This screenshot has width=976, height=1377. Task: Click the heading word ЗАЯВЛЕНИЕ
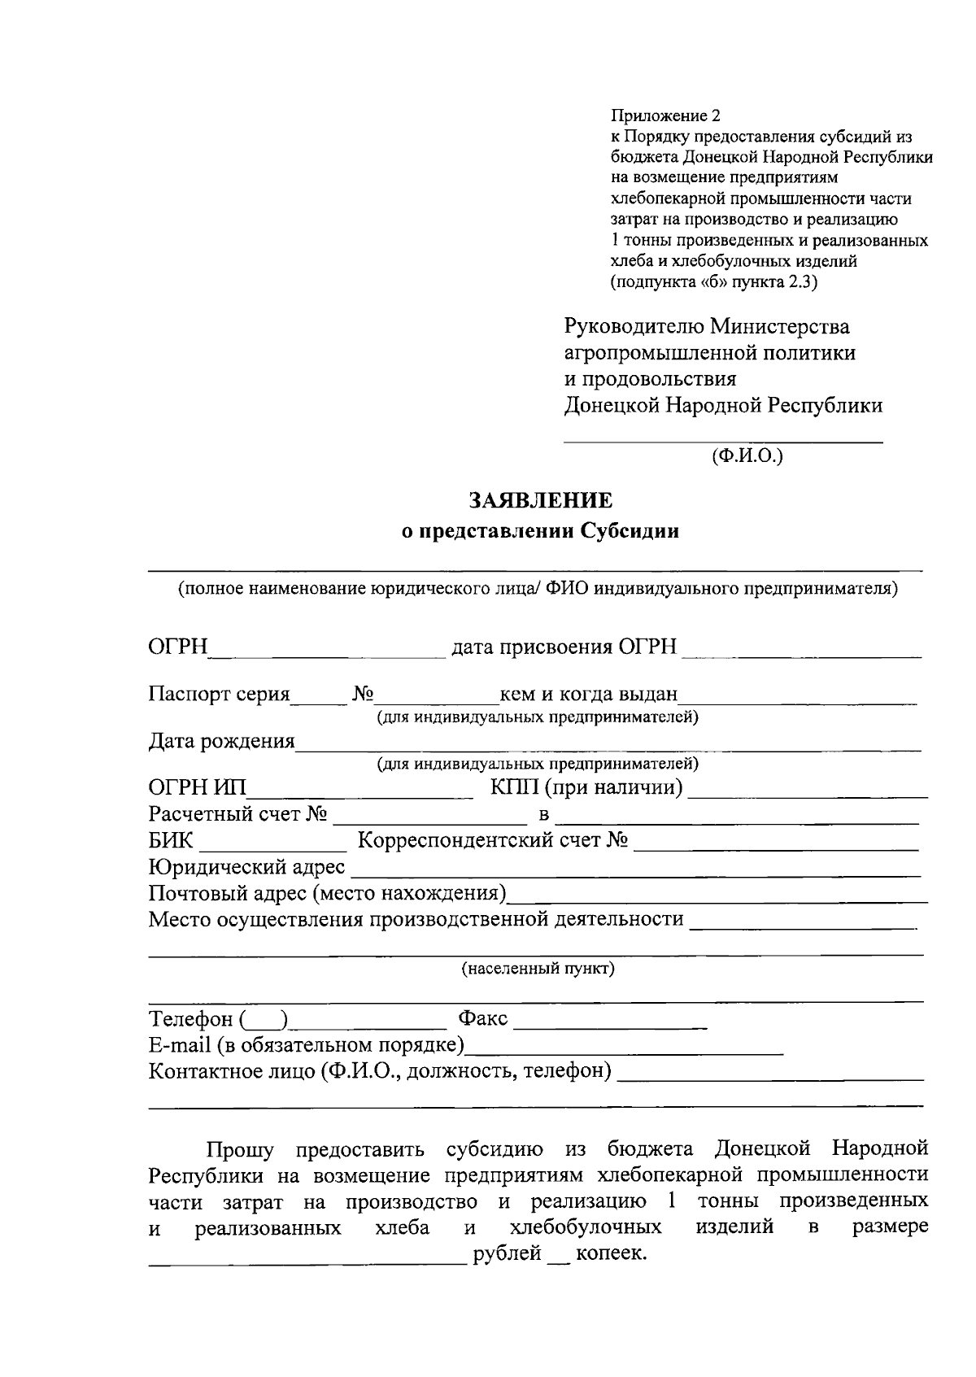(540, 499)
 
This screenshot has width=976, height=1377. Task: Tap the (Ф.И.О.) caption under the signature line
(747, 455)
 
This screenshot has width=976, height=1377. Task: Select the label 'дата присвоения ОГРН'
(564, 647)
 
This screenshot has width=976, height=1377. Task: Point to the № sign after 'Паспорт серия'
(363, 695)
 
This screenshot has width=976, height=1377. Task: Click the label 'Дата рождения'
(221, 741)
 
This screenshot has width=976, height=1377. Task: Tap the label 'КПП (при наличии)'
(586, 788)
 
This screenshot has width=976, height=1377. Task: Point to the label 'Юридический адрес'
(246, 868)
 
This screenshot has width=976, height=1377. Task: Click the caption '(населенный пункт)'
(538, 969)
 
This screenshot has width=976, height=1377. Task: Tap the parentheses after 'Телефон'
(264, 1019)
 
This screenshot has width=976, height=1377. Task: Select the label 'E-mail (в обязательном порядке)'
(306, 1044)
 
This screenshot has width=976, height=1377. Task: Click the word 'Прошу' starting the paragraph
(240, 1150)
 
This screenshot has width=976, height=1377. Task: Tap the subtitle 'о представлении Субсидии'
(540, 532)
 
